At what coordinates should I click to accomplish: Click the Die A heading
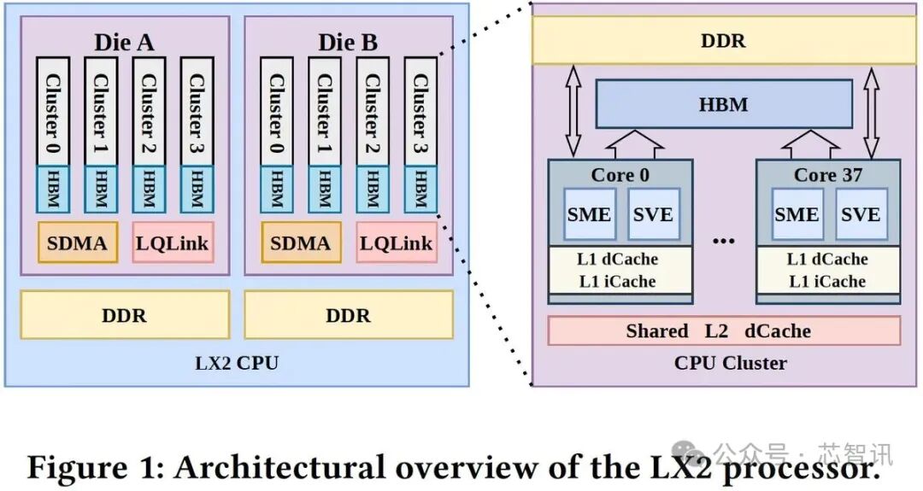click(124, 43)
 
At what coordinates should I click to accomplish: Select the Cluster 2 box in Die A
click(149, 112)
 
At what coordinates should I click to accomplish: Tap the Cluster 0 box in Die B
click(277, 112)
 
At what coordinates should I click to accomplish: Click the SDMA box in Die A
click(78, 243)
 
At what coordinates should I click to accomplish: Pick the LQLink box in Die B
click(397, 243)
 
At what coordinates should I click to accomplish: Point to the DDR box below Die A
click(125, 314)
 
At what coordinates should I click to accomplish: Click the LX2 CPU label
click(237, 363)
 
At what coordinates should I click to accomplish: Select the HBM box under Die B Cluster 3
click(420, 190)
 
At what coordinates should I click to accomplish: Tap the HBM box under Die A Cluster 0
click(53, 190)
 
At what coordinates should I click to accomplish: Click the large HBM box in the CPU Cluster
click(724, 104)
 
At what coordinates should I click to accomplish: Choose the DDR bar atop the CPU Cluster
click(724, 41)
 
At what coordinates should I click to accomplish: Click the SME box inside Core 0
click(590, 214)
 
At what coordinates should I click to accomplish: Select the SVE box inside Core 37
click(861, 214)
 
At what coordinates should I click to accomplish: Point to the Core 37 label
click(827, 175)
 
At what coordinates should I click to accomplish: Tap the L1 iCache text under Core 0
click(618, 281)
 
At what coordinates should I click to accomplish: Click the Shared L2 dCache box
click(724, 331)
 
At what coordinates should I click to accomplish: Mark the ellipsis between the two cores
click(724, 241)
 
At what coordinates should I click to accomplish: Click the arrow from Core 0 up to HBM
click(635, 144)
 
